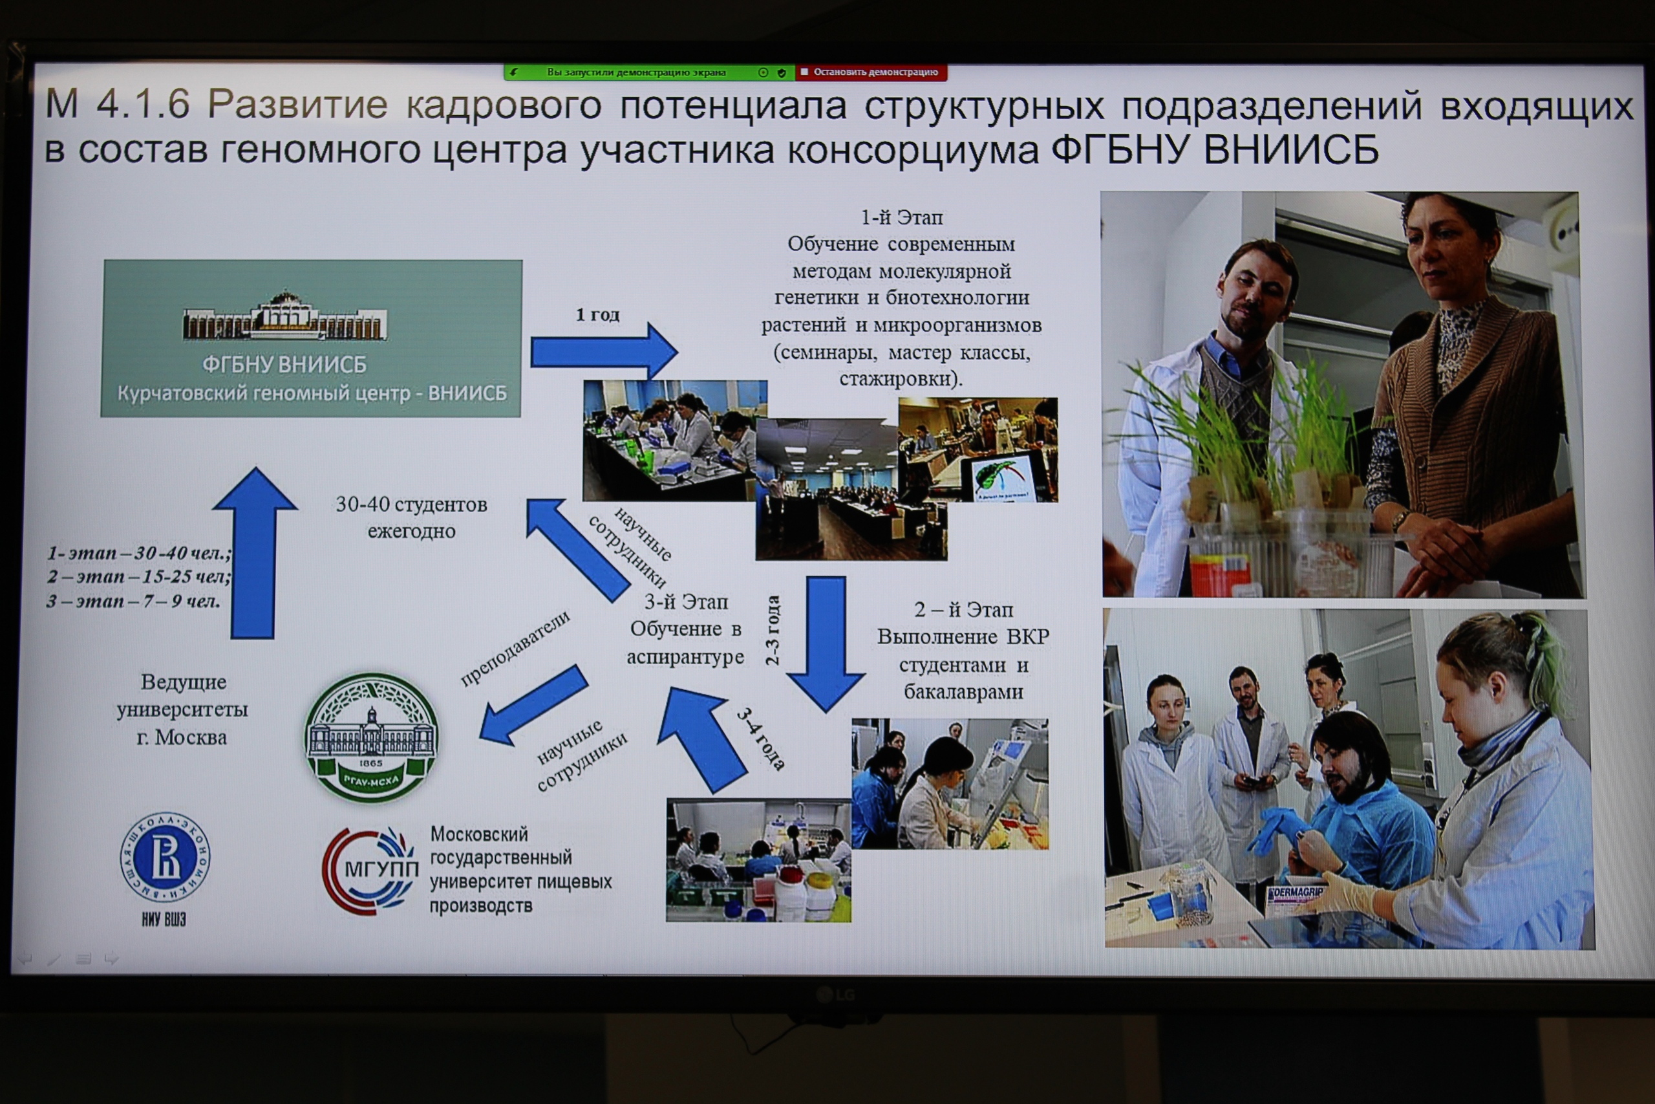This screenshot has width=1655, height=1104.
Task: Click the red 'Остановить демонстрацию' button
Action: (x=870, y=72)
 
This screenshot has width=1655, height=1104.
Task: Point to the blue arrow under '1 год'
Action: (x=604, y=351)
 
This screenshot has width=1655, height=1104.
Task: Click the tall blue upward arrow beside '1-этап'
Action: (x=254, y=554)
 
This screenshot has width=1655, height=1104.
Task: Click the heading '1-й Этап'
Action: (x=901, y=217)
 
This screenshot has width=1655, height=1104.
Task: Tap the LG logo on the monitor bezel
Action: (x=835, y=994)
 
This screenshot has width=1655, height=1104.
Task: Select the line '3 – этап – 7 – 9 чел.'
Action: (x=134, y=601)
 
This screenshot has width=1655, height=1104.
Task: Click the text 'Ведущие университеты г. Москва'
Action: (x=182, y=709)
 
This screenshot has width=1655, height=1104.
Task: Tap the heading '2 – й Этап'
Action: (x=963, y=610)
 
